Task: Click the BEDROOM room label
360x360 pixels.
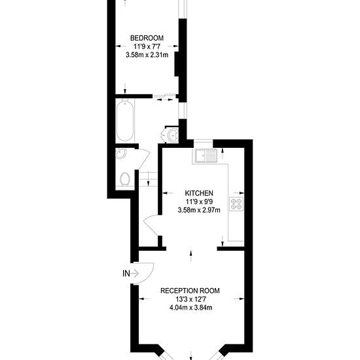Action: [147, 38]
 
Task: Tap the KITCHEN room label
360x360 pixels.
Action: [199, 193]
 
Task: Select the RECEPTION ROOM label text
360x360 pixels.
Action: [190, 291]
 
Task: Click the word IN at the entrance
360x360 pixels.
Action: [126, 274]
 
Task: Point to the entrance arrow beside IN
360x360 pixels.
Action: [135, 274]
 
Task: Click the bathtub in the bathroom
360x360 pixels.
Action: [124, 121]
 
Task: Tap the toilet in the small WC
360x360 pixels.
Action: [125, 179]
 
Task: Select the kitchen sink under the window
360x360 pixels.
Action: [206, 156]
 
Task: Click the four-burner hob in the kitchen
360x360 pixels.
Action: [236, 204]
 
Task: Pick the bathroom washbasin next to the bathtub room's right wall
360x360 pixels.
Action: [172, 135]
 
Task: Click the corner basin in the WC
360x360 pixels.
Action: [121, 154]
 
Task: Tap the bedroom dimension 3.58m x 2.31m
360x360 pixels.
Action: [147, 55]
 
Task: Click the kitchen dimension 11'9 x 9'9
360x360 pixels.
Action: [199, 202]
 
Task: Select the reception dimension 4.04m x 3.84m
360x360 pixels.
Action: [190, 308]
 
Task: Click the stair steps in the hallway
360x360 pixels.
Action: [148, 179]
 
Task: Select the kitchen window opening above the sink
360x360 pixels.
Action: [204, 144]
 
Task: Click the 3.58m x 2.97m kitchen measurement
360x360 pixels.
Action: [199, 210]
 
